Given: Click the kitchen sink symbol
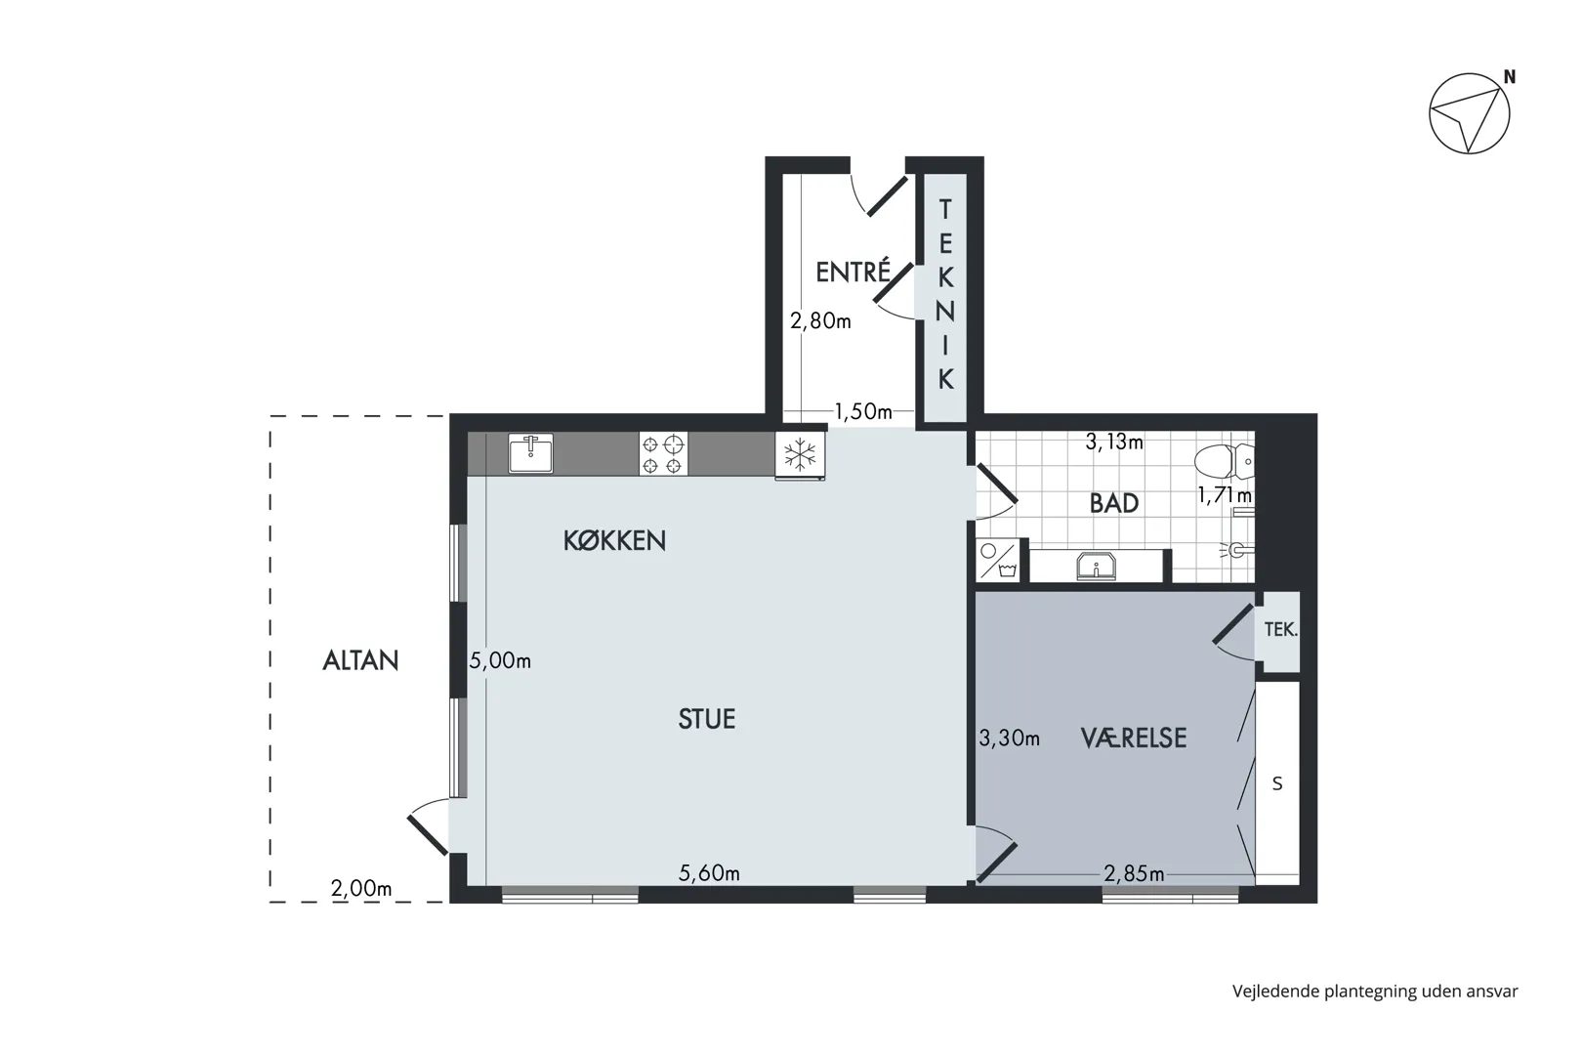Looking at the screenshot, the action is click(530, 453).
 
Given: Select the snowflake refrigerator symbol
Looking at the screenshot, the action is click(800, 453).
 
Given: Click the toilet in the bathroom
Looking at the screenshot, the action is click(1224, 461).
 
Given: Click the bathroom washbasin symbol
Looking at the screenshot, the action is click(1096, 566).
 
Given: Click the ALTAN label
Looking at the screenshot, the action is click(361, 660).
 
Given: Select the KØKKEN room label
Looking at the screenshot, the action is click(614, 540).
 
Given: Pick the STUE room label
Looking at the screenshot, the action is click(707, 719).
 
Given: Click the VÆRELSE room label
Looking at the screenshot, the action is click(1134, 738).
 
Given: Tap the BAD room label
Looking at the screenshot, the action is click(1114, 503).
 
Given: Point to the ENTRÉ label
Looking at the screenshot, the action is click(853, 272).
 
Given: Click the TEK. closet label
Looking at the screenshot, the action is click(1280, 630).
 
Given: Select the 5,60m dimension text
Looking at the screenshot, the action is click(709, 873).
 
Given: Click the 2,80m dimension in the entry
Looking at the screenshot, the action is click(820, 321).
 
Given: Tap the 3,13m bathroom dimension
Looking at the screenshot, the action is click(1114, 443).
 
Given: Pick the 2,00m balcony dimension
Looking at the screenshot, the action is click(361, 888).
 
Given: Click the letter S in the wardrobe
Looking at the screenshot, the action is click(1277, 783).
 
